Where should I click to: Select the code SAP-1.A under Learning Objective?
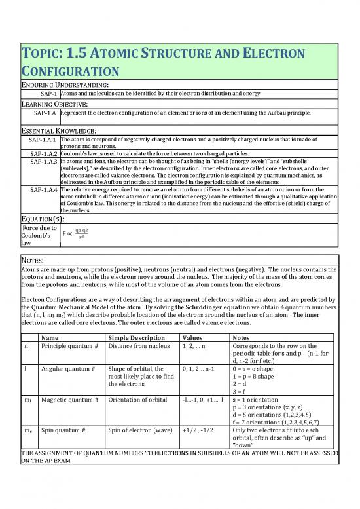point(43,113)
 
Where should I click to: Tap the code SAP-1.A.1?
point(41,140)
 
